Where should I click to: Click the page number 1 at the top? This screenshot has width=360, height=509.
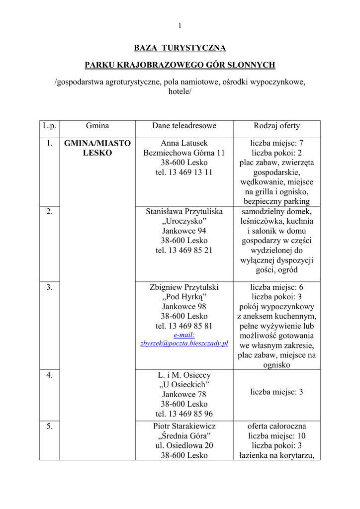click(180, 26)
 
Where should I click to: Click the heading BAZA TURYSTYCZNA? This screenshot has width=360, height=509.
click(180, 48)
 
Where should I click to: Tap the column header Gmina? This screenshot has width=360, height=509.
click(97, 126)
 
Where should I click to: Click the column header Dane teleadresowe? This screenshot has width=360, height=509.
click(184, 126)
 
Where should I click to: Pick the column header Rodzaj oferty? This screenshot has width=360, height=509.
click(277, 126)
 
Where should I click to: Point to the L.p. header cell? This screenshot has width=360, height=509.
click(49, 126)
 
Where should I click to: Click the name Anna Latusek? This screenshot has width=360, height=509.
click(184, 143)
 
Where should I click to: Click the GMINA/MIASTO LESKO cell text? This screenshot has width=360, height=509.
click(97, 148)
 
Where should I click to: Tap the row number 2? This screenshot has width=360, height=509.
click(49, 211)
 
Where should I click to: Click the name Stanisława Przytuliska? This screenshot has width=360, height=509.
click(184, 211)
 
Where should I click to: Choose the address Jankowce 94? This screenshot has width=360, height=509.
click(184, 231)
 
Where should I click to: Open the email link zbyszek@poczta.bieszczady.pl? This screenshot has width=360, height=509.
click(184, 343)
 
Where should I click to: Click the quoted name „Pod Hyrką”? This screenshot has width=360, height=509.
click(184, 297)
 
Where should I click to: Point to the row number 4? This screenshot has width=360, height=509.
click(49, 375)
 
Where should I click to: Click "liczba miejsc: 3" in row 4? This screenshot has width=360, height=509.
click(277, 392)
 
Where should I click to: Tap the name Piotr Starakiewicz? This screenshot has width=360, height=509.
click(184, 426)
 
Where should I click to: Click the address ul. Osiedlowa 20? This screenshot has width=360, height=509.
click(184, 445)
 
